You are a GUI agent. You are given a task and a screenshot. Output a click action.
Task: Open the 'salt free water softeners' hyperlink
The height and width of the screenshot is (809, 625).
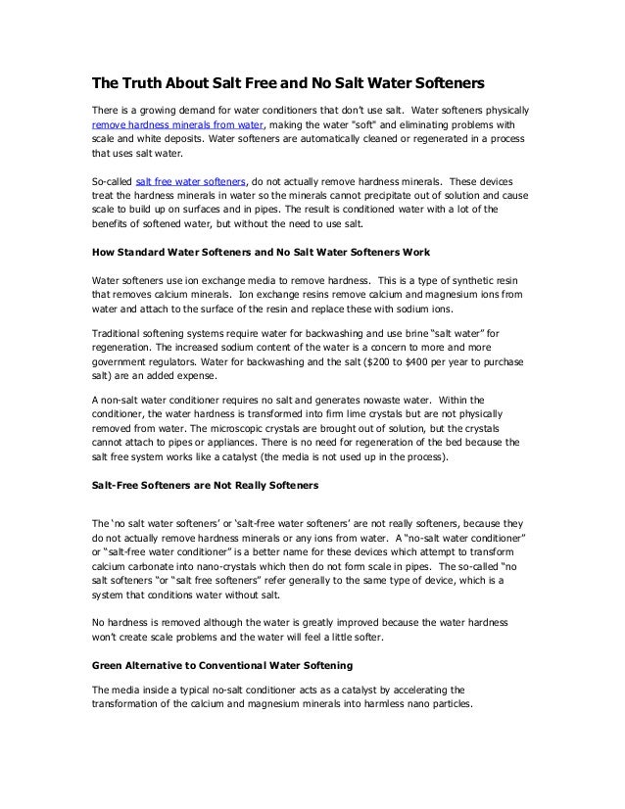(x=191, y=182)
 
